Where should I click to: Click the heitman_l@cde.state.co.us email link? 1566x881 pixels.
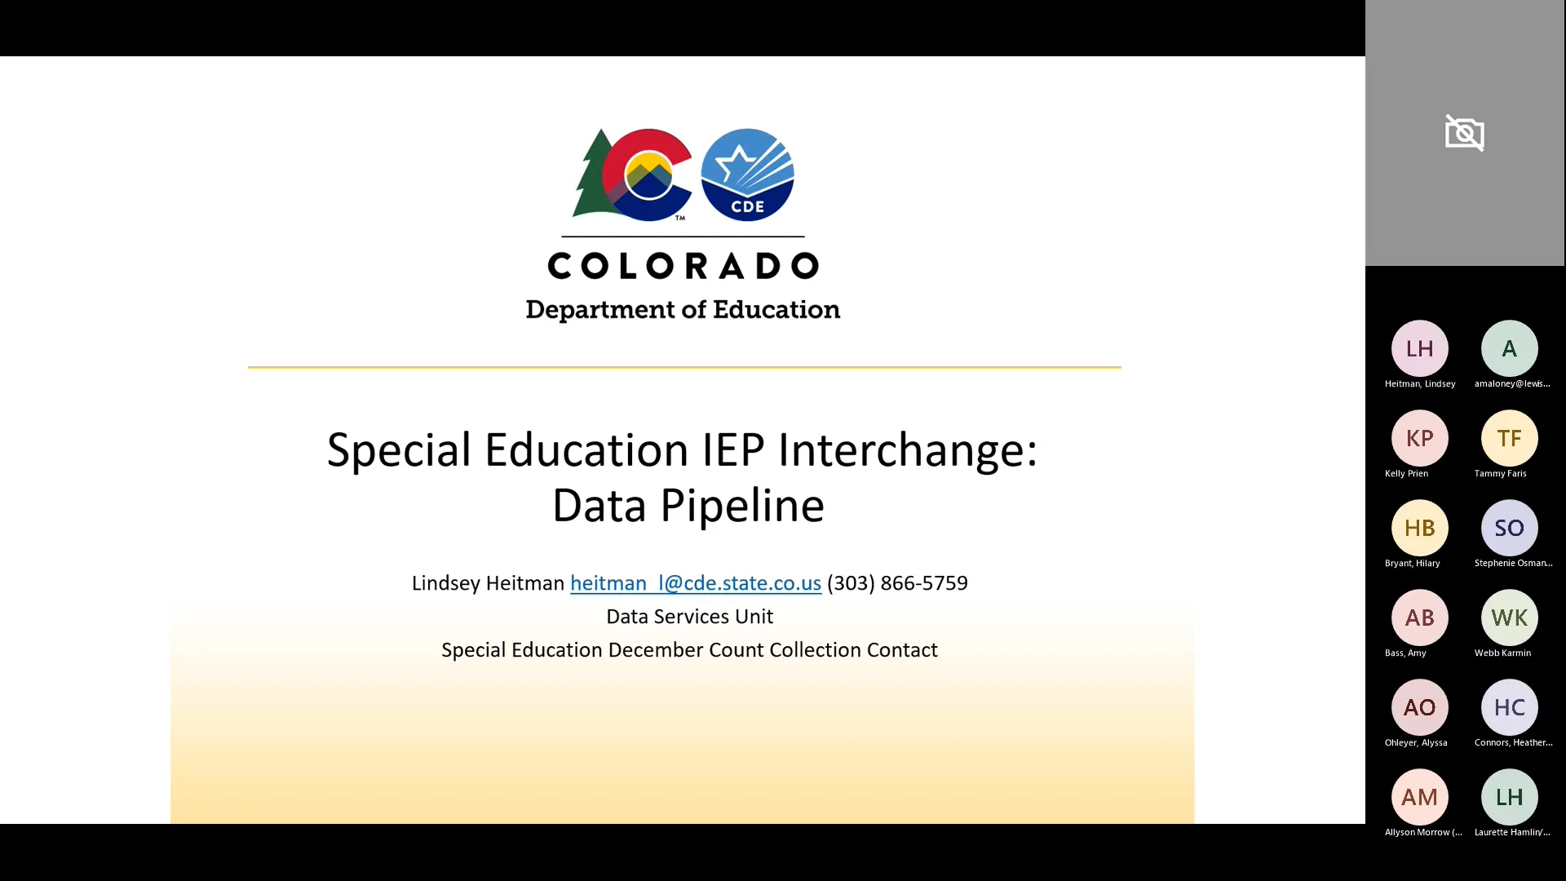695,583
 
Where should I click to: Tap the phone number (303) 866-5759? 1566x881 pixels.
897,583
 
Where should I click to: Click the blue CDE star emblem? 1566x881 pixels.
747,175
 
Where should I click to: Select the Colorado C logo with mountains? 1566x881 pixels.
648,175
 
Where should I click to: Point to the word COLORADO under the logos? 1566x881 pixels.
683,266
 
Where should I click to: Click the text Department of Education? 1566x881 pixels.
683,310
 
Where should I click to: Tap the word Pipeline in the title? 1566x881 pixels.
741,506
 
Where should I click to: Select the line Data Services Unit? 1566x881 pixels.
689,617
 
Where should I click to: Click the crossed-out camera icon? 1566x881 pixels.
1464,133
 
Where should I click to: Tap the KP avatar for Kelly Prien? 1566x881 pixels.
1419,438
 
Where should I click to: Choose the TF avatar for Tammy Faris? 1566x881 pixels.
1509,438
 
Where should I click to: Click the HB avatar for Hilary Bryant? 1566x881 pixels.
1419,528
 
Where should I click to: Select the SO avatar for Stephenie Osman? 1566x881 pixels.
1509,528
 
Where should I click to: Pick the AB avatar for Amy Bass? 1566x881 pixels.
1419,618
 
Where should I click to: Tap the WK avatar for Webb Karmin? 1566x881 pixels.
1509,618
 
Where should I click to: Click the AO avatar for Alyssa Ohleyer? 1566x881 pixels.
1419,707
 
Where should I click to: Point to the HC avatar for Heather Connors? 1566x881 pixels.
1509,707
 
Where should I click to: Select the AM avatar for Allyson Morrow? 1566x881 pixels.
1419,797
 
